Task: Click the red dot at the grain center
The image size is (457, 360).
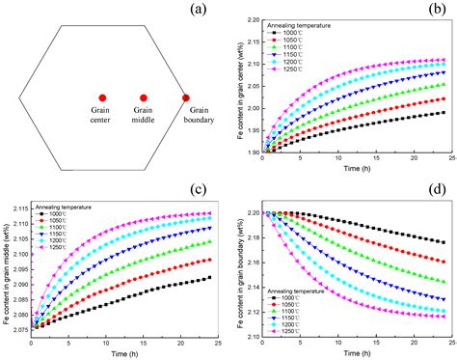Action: [101, 98]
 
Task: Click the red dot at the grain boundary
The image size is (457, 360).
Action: [186, 98]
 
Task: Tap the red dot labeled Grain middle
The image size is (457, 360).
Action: [144, 98]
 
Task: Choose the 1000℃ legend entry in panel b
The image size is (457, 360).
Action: [297, 42]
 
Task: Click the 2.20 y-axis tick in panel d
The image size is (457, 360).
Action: [249, 212]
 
